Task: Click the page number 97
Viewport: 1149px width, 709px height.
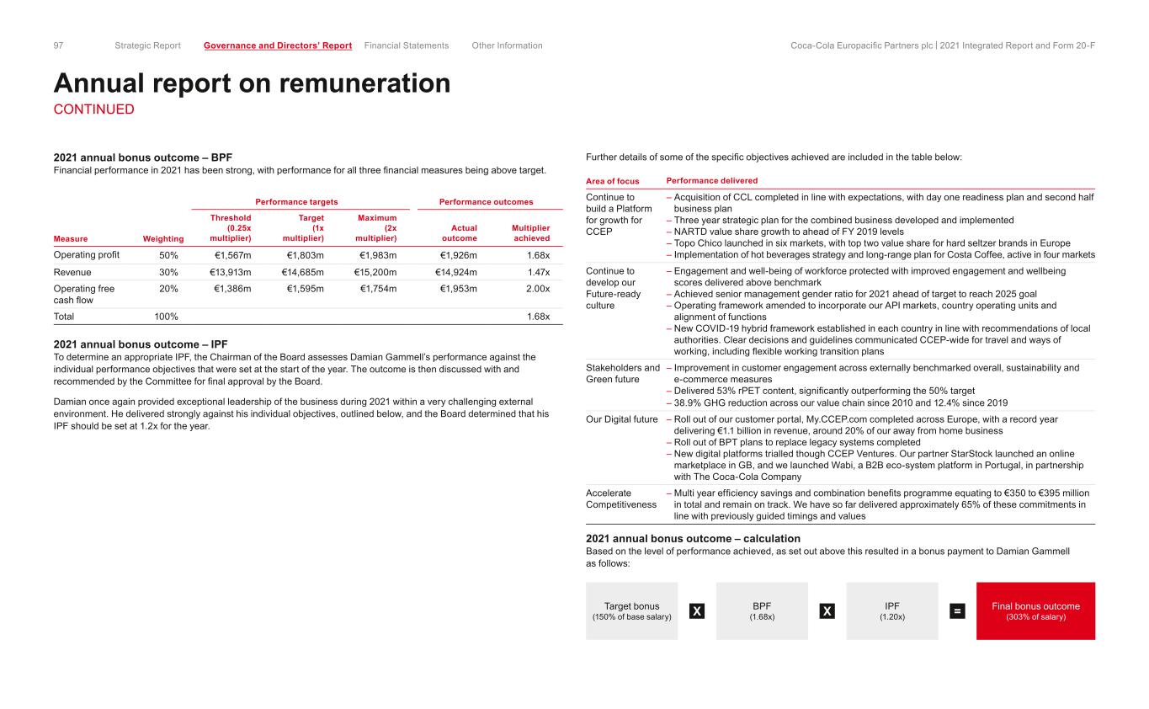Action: (x=59, y=45)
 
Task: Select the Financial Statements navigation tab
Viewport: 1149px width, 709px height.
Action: (x=407, y=45)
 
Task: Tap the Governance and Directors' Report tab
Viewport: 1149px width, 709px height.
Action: (x=278, y=45)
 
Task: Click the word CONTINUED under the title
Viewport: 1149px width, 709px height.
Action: (x=93, y=109)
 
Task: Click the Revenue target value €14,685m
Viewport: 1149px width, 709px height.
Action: (x=303, y=272)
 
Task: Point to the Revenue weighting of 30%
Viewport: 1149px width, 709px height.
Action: (x=168, y=272)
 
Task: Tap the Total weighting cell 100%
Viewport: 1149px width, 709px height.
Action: (x=166, y=317)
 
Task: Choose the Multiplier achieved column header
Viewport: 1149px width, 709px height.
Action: (x=530, y=233)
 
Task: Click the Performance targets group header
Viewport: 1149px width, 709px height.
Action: (x=292, y=202)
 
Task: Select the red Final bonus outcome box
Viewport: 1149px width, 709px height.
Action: (x=1035, y=611)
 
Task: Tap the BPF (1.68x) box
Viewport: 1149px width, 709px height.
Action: (x=762, y=611)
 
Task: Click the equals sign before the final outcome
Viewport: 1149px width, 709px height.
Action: (x=957, y=612)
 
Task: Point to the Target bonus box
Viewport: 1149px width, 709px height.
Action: (x=631, y=611)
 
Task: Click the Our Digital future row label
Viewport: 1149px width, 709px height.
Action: (x=621, y=418)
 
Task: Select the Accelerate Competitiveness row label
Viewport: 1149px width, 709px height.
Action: (x=621, y=498)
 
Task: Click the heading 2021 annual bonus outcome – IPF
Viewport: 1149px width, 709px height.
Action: (x=141, y=344)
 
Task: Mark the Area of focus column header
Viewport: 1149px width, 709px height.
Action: (x=613, y=181)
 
